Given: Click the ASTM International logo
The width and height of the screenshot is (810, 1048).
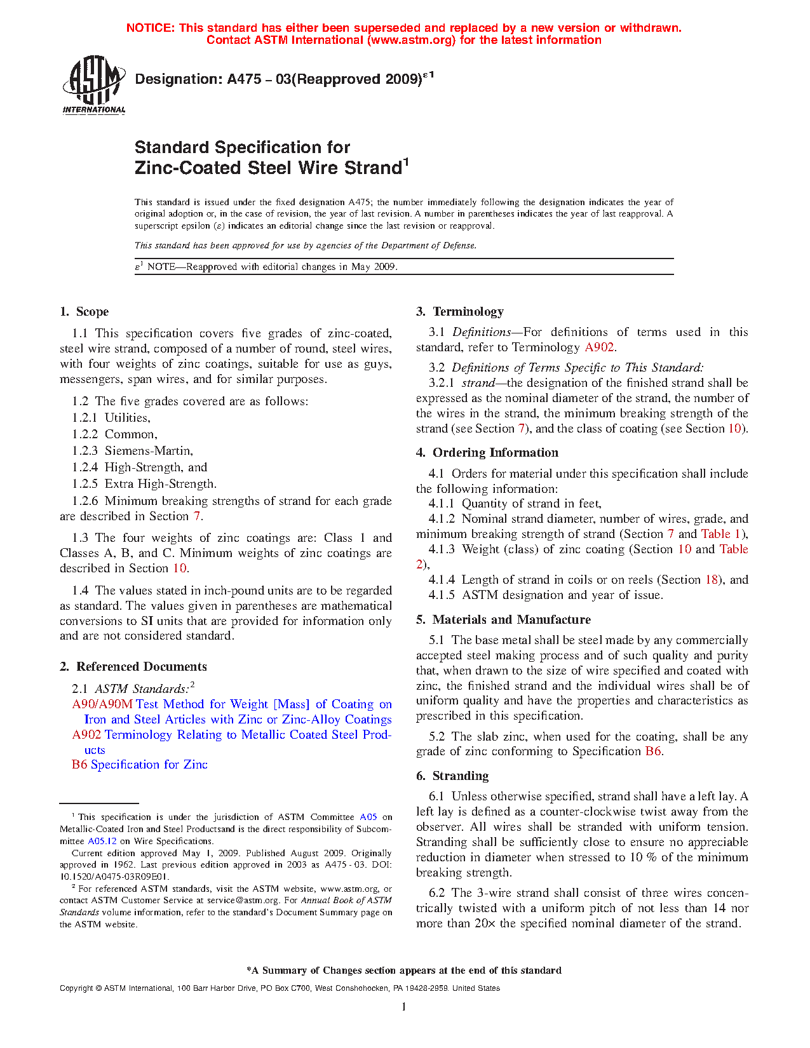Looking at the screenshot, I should [94, 84].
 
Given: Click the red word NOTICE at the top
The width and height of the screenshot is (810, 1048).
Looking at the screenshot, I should [150, 28].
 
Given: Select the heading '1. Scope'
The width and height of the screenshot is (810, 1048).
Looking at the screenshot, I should [84, 312].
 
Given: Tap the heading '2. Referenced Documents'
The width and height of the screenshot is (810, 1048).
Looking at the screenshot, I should [133, 667].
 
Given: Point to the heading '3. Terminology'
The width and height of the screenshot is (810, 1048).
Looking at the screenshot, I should [460, 312].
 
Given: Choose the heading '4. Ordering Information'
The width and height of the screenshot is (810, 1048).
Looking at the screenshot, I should [487, 453].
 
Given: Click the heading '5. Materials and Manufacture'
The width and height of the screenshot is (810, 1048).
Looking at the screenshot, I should [503, 620].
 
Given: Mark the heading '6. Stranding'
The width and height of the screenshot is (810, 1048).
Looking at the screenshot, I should [452, 776].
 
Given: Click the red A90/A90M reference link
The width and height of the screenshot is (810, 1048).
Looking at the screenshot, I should [102, 704].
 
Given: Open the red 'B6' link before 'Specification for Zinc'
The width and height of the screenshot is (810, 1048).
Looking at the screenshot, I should [79, 765].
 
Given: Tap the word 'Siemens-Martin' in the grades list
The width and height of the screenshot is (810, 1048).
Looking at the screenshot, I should [148, 451].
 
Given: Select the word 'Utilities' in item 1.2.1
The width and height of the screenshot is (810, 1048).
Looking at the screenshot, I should [127, 418].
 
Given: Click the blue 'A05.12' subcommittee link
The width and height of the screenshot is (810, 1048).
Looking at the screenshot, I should [102, 841].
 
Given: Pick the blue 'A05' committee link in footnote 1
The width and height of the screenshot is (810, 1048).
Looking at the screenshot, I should [368, 817].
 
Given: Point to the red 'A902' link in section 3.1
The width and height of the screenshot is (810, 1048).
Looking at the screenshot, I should [599, 347].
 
